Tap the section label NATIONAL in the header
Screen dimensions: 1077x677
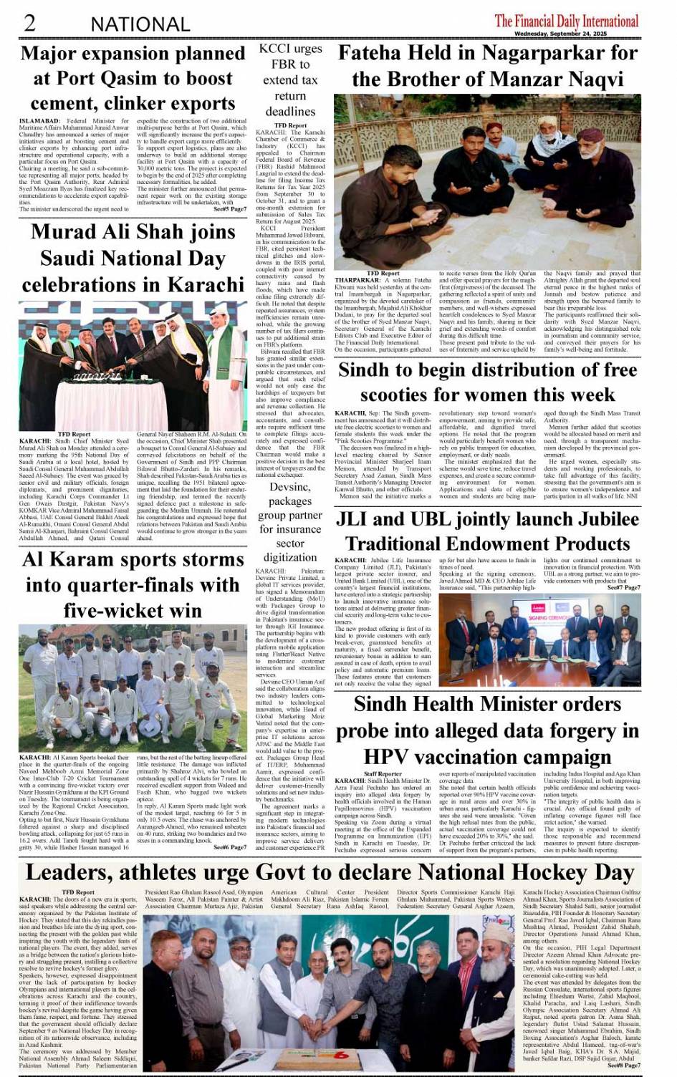pyautogui.click(x=140, y=24)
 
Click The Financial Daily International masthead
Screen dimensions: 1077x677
pyautogui.click(x=566, y=20)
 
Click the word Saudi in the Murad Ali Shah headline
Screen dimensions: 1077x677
pyautogui.click(x=75, y=258)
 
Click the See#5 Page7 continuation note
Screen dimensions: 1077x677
pyautogui.click(x=230, y=209)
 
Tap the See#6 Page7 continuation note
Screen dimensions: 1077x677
pyautogui.click(x=230, y=847)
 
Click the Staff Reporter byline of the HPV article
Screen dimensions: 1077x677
pyautogui.click(x=383, y=774)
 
